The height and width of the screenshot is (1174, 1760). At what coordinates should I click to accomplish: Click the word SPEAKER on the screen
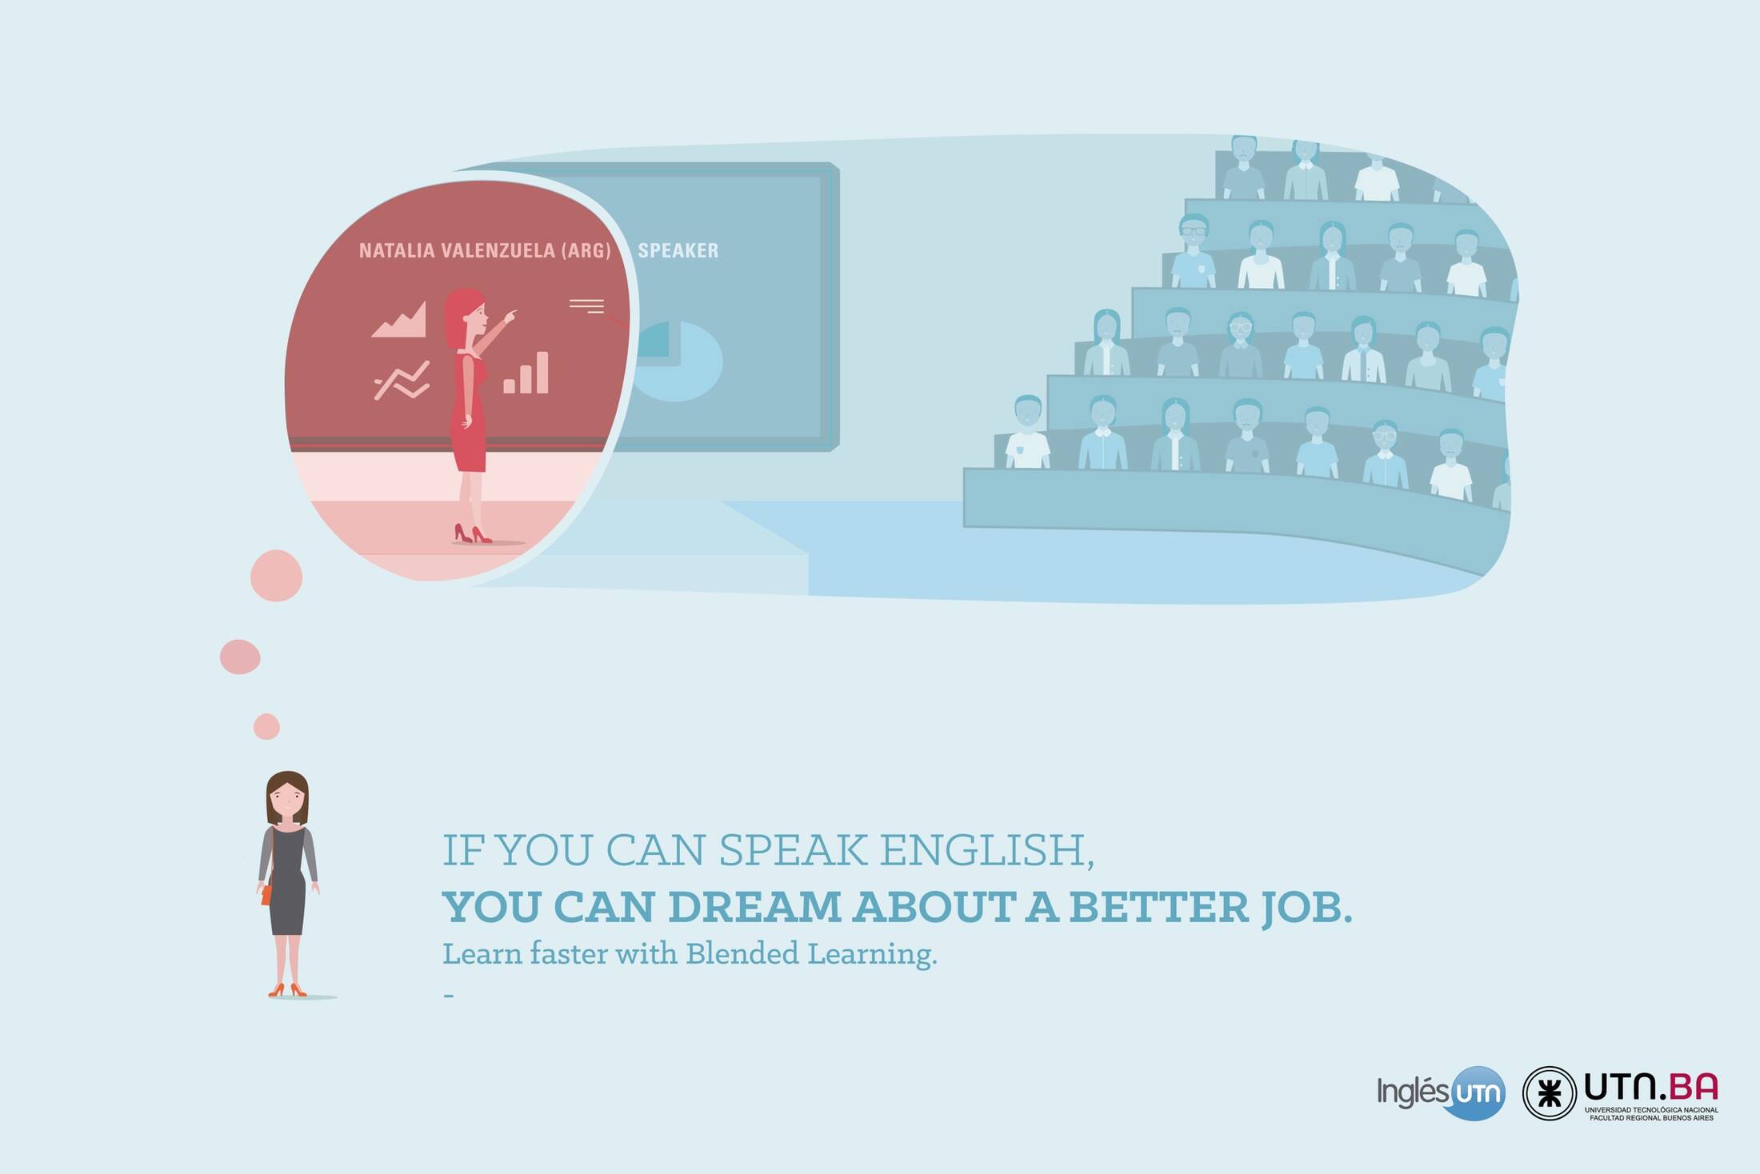coord(678,250)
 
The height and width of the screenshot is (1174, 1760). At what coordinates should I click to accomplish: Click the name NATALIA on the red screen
coord(397,250)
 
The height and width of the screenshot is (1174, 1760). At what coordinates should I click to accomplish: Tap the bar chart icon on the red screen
coord(526,373)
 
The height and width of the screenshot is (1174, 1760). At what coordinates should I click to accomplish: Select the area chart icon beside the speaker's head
coord(399,319)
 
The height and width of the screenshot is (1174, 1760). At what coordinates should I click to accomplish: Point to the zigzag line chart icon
coord(402,380)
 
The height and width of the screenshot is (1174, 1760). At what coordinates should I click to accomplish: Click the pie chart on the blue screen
coord(677,361)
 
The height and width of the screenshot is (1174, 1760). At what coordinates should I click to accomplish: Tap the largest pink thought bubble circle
coord(276,576)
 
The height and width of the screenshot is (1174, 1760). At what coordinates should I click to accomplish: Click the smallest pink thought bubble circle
coord(266,727)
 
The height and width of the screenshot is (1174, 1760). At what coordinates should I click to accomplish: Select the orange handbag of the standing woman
coord(266,894)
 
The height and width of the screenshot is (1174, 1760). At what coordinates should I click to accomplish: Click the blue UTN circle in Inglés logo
coord(1476,1093)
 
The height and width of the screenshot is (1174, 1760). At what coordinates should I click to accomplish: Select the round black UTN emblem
coord(1549,1093)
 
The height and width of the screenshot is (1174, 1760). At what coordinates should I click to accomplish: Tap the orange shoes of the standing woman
coord(287,990)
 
